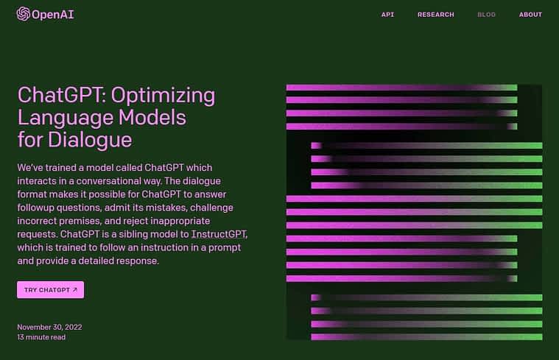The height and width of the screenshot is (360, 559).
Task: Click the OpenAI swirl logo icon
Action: [23, 14]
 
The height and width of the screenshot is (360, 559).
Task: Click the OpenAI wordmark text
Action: [53, 15]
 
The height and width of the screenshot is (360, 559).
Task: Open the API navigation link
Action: [387, 15]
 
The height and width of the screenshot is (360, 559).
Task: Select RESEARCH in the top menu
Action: [436, 15]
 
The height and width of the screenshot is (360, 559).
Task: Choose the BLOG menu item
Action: [486, 15]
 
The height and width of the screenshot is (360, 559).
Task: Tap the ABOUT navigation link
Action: [530, 15]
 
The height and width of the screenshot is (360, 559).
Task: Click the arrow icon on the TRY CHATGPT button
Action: [75, 290]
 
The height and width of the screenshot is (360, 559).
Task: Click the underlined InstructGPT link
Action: [219, 234]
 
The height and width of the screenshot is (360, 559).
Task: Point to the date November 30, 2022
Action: [49, 327]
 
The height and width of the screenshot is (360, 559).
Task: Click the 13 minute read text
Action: [41, 337]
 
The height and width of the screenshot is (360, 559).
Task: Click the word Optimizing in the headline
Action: [163, 96]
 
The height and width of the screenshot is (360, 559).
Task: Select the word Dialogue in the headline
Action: [90, 139]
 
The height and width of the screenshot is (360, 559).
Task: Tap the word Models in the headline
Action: [152, 117]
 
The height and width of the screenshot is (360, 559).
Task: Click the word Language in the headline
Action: [66, 119]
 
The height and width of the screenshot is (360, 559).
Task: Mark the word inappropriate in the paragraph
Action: [180, 222]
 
